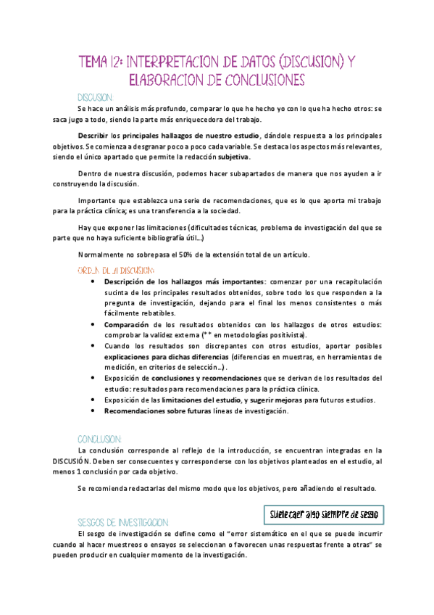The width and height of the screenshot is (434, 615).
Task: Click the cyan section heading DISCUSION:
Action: click(95, 96)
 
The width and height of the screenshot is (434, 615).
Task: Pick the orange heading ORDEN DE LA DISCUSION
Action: click(115, 269)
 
